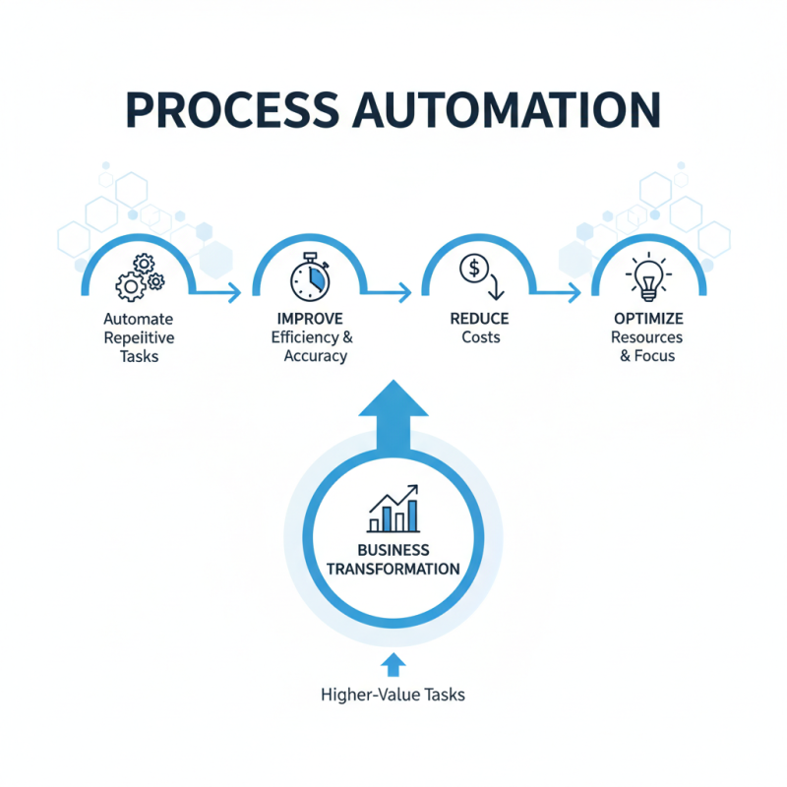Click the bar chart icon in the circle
pos(393,509)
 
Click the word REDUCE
pos(479,320)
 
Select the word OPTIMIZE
pos(648,320)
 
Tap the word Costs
pos(480,337)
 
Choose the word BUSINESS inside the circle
pos(393,549)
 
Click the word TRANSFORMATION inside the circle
pos(393,569)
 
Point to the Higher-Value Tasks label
pos(393,695)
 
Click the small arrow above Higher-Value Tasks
pos(393,664)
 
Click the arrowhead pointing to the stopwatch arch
pos(234,291)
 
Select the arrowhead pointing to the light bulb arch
pos(574,291)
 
